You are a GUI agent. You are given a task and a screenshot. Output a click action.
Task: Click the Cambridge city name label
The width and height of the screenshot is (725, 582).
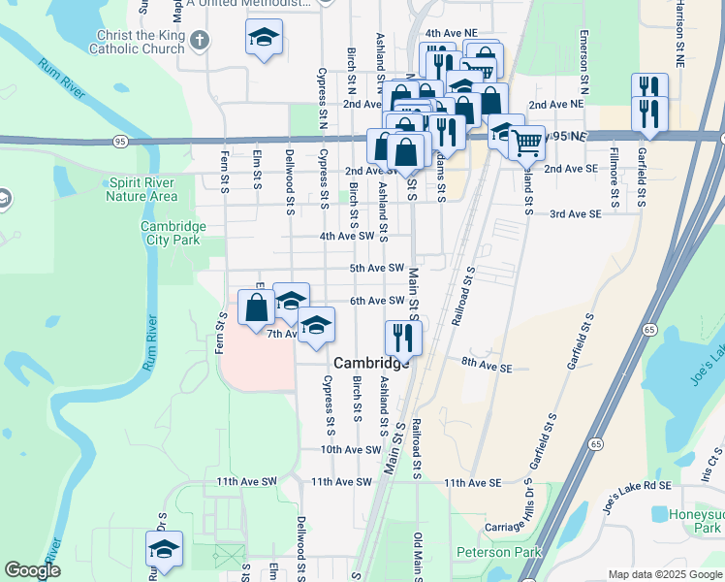click(x=372, y=362)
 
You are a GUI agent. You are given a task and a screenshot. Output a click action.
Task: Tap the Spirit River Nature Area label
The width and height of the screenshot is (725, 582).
click(x=143, y=188)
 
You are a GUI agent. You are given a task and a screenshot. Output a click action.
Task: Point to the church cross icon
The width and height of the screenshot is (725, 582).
click(x=200, y=41)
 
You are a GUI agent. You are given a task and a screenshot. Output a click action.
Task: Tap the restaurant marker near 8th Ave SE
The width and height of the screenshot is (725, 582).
click(x=401, y=338)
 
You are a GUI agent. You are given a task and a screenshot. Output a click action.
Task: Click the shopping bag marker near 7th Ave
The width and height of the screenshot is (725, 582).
click(x=257, y=308)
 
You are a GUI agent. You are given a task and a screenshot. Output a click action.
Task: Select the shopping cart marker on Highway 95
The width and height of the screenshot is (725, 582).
click(x=526, y=142)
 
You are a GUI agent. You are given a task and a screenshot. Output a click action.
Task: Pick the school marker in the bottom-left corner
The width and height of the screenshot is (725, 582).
click(x=164, y=549)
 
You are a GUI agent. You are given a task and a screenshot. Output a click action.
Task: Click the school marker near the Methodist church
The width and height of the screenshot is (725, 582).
click(x=264, y=39)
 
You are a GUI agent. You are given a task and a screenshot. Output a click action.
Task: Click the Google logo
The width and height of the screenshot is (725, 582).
click(x=32, y=571)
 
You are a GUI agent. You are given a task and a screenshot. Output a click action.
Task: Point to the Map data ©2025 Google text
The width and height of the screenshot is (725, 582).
click(x=664, y=574)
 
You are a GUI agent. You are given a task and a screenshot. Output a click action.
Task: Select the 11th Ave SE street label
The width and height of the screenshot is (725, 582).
click(x=472, y=482)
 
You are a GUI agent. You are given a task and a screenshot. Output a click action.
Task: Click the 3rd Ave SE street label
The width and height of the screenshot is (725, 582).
click(x=576, y=213)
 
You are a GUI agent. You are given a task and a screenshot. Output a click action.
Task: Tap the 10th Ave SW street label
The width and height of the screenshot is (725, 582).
click(x=352, y=450)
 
